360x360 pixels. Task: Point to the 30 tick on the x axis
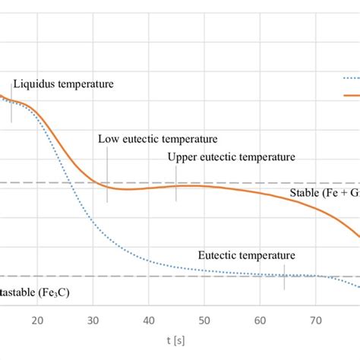[x=93, y=321]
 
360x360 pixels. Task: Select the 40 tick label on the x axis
[x=149, y=321]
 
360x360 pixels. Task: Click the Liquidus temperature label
[x=63, y=84]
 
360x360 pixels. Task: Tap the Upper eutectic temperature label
[x=231, y=157]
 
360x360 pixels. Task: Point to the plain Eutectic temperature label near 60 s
[x=246, y=256]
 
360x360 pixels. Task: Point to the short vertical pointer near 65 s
[x=285, y=277]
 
